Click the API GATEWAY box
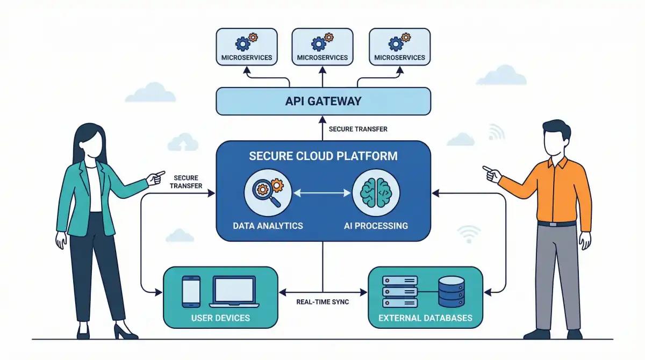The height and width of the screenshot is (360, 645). click(323, 100)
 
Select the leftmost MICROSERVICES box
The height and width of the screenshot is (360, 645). click(246, 47)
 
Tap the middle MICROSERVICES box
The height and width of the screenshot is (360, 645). click(322, 47)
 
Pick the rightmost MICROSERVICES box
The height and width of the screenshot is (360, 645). click(399, 47)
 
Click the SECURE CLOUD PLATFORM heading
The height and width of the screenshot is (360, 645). click(323, 156)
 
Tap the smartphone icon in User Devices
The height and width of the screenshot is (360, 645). click(191, 292)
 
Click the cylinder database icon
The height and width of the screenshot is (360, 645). click(451, 292)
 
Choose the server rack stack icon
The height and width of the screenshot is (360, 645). click(399, 292)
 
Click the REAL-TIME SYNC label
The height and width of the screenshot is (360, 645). click(322, 302)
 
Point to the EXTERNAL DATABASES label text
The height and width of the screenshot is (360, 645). click(425, 318)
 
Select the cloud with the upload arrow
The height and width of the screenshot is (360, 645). click(183, 142)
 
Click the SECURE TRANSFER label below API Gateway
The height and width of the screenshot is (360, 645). click(358, 129)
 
